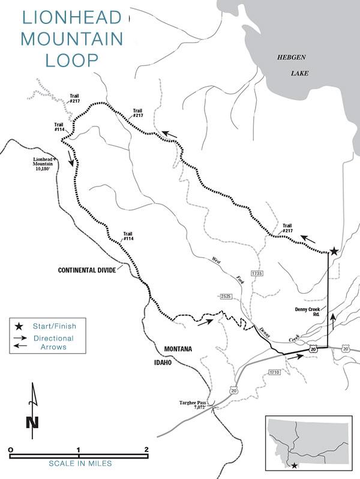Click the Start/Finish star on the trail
(x=334, y=251)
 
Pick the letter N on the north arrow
(x=32, y=421)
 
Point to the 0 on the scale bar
(x=11, y=449)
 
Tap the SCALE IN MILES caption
(x=79, y=464)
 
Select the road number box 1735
(x=257, y=273)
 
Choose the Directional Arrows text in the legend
(x=53, y=342)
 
